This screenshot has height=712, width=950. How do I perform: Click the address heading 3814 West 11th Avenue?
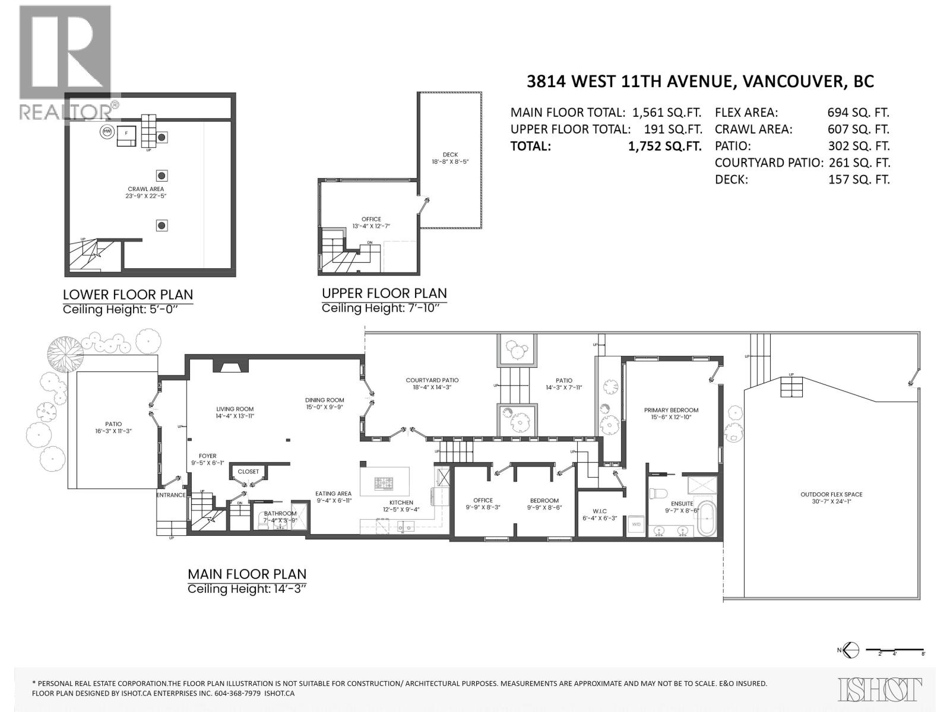tap(700, 81)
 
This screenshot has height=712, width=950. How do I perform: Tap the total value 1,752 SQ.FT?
tap(664, 146)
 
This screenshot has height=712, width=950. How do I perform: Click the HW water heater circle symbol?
tap(107, 131)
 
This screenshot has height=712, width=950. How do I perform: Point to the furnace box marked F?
tap(126, 134)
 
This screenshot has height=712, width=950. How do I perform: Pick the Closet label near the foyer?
tap(248, 472)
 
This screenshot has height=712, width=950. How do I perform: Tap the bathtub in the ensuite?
tap(707, 519)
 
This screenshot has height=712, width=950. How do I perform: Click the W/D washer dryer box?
tap(636, 525)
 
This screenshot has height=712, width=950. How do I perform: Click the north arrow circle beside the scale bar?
tap(851, 650)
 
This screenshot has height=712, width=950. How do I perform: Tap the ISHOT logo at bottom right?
tap(881, 689)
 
